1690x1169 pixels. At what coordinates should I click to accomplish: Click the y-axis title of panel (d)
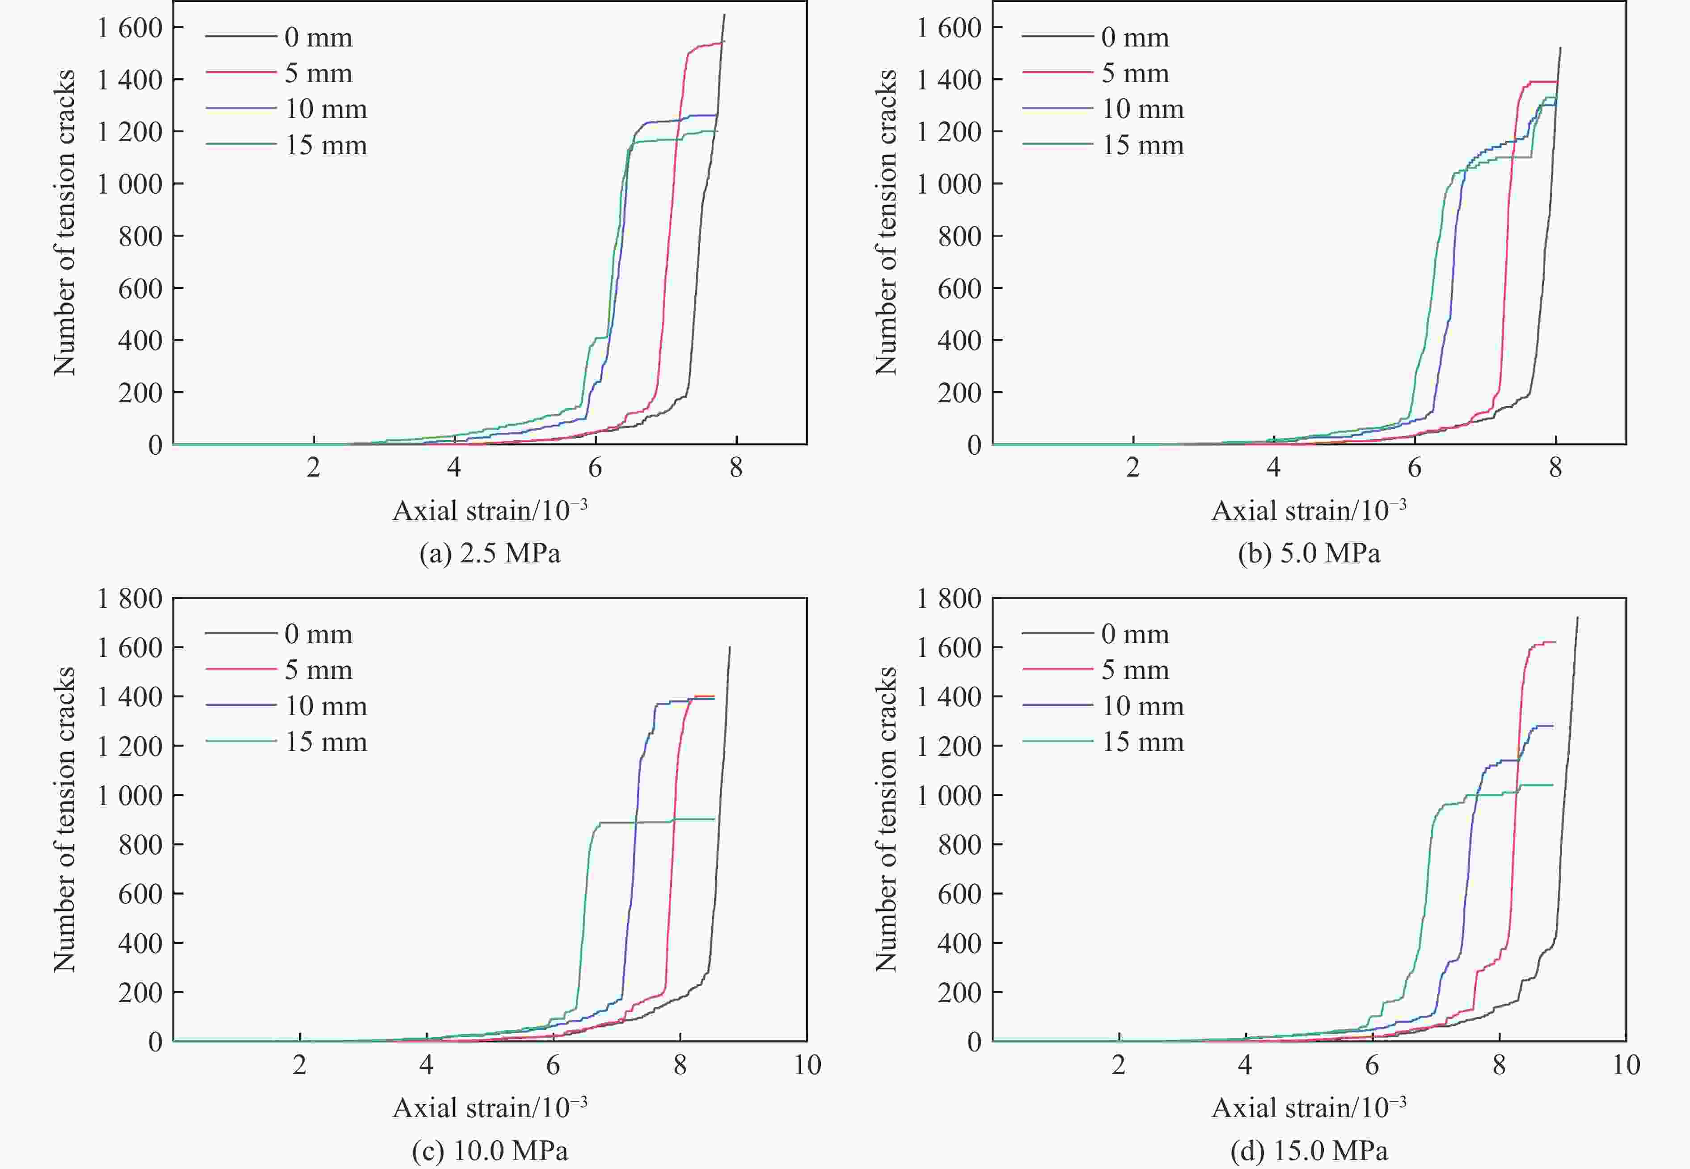pos(886,819)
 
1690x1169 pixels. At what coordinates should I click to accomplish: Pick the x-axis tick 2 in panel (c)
pos(300,1065)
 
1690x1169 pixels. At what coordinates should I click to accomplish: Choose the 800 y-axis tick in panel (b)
pos(959,236)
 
